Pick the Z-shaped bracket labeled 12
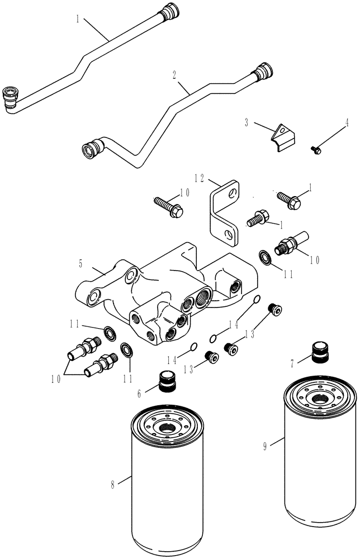[x=224, y=212]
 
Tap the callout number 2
[x=176, y=73]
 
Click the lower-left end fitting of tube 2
[x=91, y=150]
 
